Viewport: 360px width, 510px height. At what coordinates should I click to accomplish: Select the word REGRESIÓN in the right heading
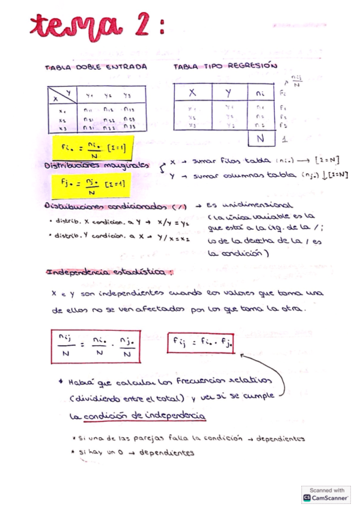pos(255,67)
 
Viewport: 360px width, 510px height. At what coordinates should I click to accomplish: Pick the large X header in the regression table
pos(192,93)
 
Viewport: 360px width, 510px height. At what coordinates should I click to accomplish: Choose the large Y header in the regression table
pos(229,93)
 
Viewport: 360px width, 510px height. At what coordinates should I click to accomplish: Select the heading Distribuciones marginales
pos(96,165)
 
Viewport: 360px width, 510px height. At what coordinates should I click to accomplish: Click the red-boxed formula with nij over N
pos(96,347)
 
